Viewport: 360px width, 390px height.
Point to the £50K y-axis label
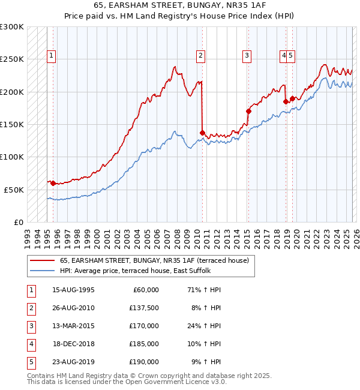[x=14, y=190]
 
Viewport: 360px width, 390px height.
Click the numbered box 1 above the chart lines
[x=52, y=56]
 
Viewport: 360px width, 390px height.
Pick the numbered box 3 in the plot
[x=247, y=56]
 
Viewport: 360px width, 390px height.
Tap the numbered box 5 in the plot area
[x=290, y=56]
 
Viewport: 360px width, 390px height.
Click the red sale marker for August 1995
[x=53, y=183]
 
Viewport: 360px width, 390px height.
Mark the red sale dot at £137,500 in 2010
[x=202, y=133]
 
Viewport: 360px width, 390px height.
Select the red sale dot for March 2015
[x=248, y=111]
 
